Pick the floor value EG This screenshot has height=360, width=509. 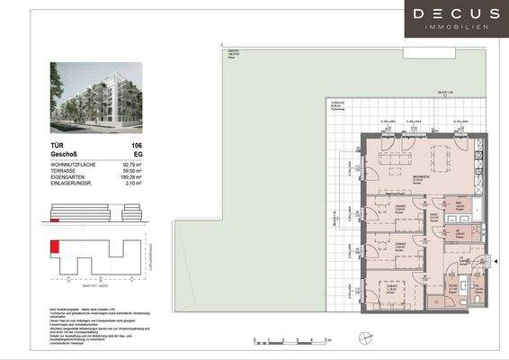[x=138, y=154]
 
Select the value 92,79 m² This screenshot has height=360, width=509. [x=133, y=165]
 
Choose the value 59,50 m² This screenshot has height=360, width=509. [x=133, y=172]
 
